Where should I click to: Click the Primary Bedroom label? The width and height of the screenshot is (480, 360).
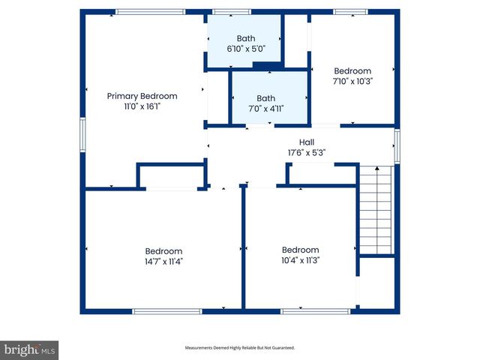click(x=142, y=96)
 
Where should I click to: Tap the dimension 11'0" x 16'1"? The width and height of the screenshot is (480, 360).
click(x=142, y=107)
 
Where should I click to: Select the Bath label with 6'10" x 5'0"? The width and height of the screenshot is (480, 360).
click(x=246, y=38)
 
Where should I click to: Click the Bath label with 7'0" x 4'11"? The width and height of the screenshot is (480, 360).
click(x=266, y=98)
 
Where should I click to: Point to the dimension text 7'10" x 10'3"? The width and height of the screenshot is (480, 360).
click(x=352, y=82)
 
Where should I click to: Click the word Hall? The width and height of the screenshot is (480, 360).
click(x=307, y=142)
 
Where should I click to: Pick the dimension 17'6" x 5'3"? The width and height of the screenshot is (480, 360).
click(x=307, y=152)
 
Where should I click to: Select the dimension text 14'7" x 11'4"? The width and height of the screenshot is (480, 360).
click(x=163, y=262)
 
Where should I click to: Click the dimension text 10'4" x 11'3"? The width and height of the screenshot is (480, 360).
click(x=300, y=261)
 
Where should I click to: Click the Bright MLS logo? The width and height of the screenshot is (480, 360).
click(x=30, y=349)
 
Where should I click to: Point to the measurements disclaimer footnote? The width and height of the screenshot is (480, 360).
click(x=240, y=348)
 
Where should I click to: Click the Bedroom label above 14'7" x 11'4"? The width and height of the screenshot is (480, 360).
click(x=163, y=251)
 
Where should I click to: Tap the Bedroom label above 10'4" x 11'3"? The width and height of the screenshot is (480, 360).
click(x=300, y=250)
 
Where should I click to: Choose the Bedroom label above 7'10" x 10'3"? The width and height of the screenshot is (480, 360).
click(x=352, y=71)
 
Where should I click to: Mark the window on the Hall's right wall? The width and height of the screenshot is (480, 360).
click(x=397, y=145)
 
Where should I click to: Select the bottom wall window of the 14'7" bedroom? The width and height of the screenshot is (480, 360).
click(x=166, y=310)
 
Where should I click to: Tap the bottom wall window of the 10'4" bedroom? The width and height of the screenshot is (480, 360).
click(x=304, y=310)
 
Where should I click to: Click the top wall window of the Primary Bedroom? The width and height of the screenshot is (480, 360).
click(x=150, y=12)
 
